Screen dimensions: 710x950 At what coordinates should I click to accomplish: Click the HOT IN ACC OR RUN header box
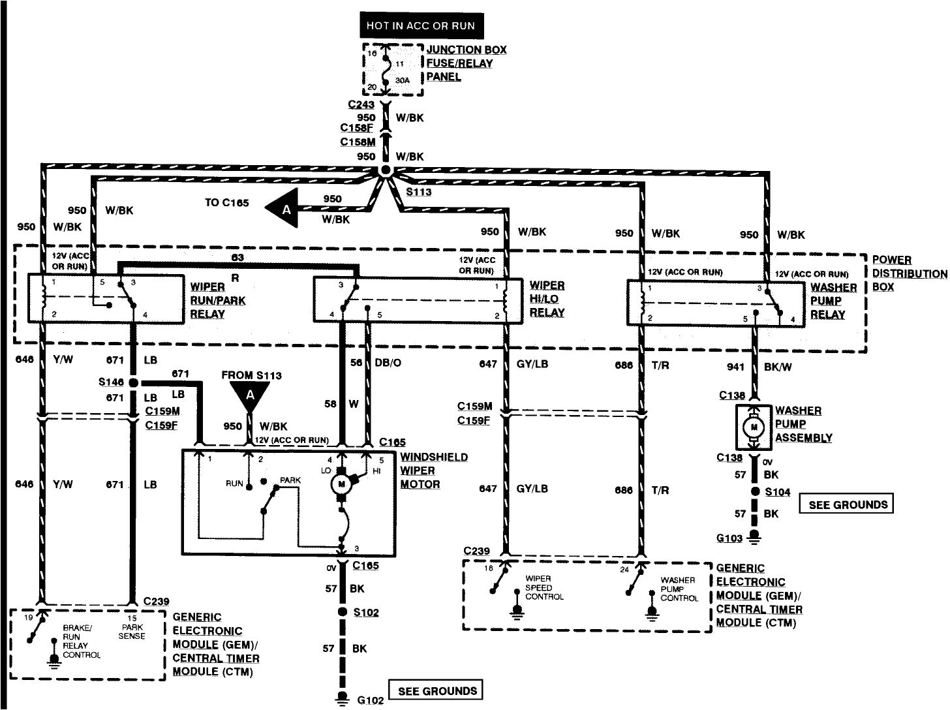tap(421, 26)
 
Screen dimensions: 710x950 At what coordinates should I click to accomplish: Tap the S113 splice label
tap(418, 192)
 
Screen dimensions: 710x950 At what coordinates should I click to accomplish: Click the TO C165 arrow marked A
tap(284, 209)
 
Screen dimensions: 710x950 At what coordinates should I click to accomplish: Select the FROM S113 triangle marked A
tap(249, 395)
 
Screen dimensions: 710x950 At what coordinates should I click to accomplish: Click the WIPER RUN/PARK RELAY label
tap(207, 300)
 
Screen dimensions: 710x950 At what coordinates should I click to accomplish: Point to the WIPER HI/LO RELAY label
tap(547, 299)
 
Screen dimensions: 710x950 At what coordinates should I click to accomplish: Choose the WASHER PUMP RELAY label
tap(833, 301)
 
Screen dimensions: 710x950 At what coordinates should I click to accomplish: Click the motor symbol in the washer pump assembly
tap(754, 427)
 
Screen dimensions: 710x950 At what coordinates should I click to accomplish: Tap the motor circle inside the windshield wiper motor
tap(340, 484)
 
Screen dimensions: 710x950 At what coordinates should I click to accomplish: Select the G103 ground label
tap(729, 538)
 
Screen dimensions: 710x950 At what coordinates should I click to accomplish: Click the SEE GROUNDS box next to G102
tap(437, 690)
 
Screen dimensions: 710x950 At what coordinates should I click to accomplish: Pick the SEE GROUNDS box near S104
tap(848, 504)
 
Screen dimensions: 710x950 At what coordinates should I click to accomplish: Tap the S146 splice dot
tap(133, 383)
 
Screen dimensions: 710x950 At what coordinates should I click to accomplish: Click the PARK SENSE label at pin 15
tap(132, 631)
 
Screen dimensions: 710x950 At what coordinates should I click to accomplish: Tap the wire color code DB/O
tap(388, 363)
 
